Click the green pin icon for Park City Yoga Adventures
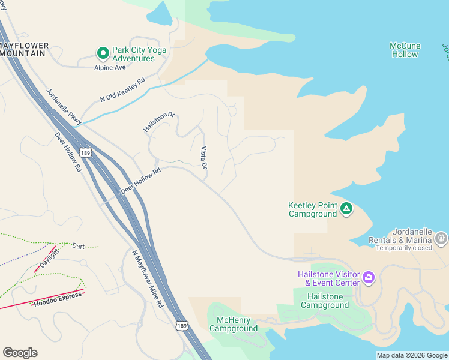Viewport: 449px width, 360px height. tap(103, 54)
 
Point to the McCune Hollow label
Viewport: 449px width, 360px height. tap(405, 50)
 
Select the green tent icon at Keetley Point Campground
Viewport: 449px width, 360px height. tap(346, 209)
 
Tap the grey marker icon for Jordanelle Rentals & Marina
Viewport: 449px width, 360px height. tap(441, 239)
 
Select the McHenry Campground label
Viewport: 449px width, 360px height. tap(234, 324)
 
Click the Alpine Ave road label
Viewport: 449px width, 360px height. tap(110, 68)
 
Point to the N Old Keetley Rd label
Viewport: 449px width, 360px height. tap(123, 91)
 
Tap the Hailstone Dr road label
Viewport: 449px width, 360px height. tap(159, 122)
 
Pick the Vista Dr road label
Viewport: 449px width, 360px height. tap(203, 157)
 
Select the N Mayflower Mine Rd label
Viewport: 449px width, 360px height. tap(148, 279)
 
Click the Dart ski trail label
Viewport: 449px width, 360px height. tap(78, 246)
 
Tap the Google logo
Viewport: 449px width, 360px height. tap(20, 352)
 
